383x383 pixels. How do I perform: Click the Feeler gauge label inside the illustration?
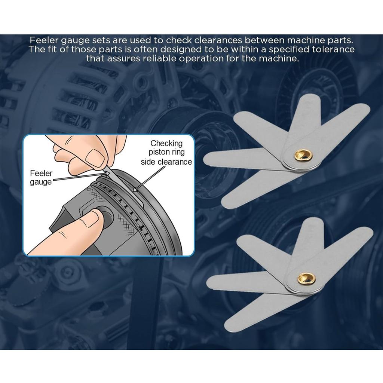(x=41, y=178)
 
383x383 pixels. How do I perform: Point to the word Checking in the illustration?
(x=166, y=143)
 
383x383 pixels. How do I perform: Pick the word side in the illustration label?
(x=148, y=162)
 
